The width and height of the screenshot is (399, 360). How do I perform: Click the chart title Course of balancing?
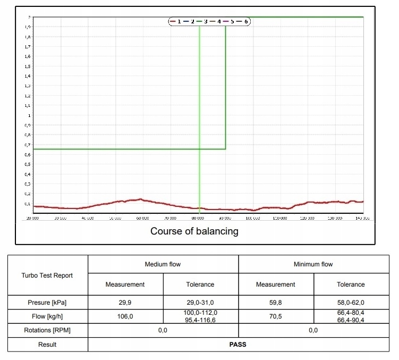click(194, 231)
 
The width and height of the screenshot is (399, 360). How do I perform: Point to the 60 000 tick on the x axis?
click(142, 218)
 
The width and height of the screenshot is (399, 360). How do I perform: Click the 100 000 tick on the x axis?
click(253, 218)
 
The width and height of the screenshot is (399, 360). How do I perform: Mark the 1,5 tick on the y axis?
click(27, 66)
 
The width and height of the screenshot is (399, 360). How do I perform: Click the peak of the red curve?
click(140, 199)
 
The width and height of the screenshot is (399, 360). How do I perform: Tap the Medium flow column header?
click(163, 264)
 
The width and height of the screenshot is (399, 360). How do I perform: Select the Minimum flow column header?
click(313, 264)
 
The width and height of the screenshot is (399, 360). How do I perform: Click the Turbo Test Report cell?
click(47, 275)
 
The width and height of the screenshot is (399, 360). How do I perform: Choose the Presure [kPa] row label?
click(47, 303)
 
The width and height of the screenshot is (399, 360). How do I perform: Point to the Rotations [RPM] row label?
click(47, 330)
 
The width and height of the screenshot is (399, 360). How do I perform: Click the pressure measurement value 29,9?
click(125, 303)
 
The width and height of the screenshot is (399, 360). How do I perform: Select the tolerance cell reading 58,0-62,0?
click(351, 303)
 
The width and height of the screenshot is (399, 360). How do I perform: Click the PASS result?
click(237, 344)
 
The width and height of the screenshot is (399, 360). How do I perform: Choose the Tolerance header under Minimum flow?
click(351, 284)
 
